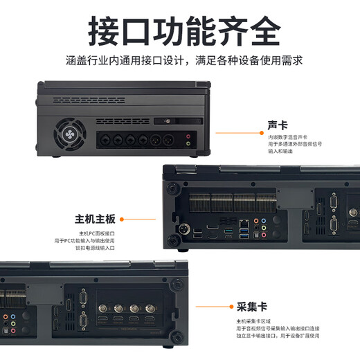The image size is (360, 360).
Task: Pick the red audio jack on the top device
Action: coord(188,137)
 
